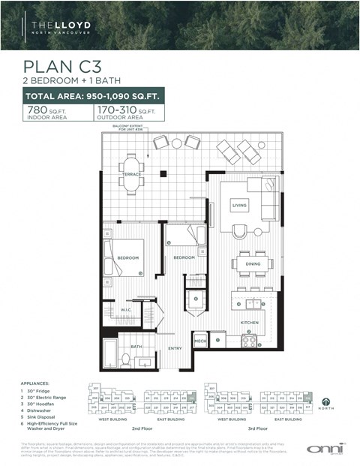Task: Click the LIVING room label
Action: click(239, 204)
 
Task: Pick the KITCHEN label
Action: click(250, 322)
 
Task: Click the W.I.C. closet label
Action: click(126, 310)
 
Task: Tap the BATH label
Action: click(136, 347)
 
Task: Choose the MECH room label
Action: click(200, 341)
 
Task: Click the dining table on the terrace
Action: click(133, 173)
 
